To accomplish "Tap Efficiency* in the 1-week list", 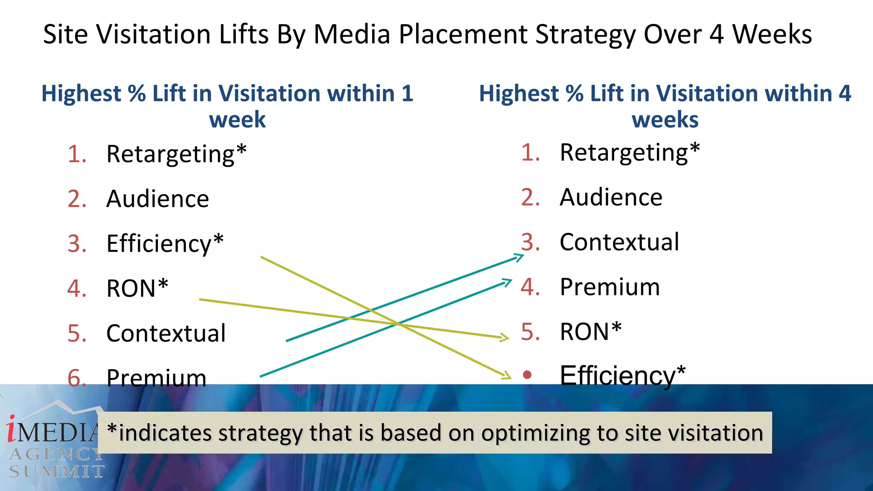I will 165,243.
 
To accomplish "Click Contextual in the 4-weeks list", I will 619,242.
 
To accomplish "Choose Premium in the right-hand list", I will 610,287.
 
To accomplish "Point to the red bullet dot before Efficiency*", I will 527,375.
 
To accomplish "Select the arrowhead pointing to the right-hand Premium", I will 508,282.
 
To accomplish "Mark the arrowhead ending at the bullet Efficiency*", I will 507,375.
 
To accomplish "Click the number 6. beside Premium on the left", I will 77,378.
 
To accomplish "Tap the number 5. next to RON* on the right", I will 530,332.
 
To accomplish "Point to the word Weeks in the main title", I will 772,34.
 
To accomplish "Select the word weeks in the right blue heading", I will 665,120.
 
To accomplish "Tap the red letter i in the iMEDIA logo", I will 12,429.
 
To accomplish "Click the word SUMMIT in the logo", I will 57,471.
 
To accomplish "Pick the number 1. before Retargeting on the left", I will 77,154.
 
